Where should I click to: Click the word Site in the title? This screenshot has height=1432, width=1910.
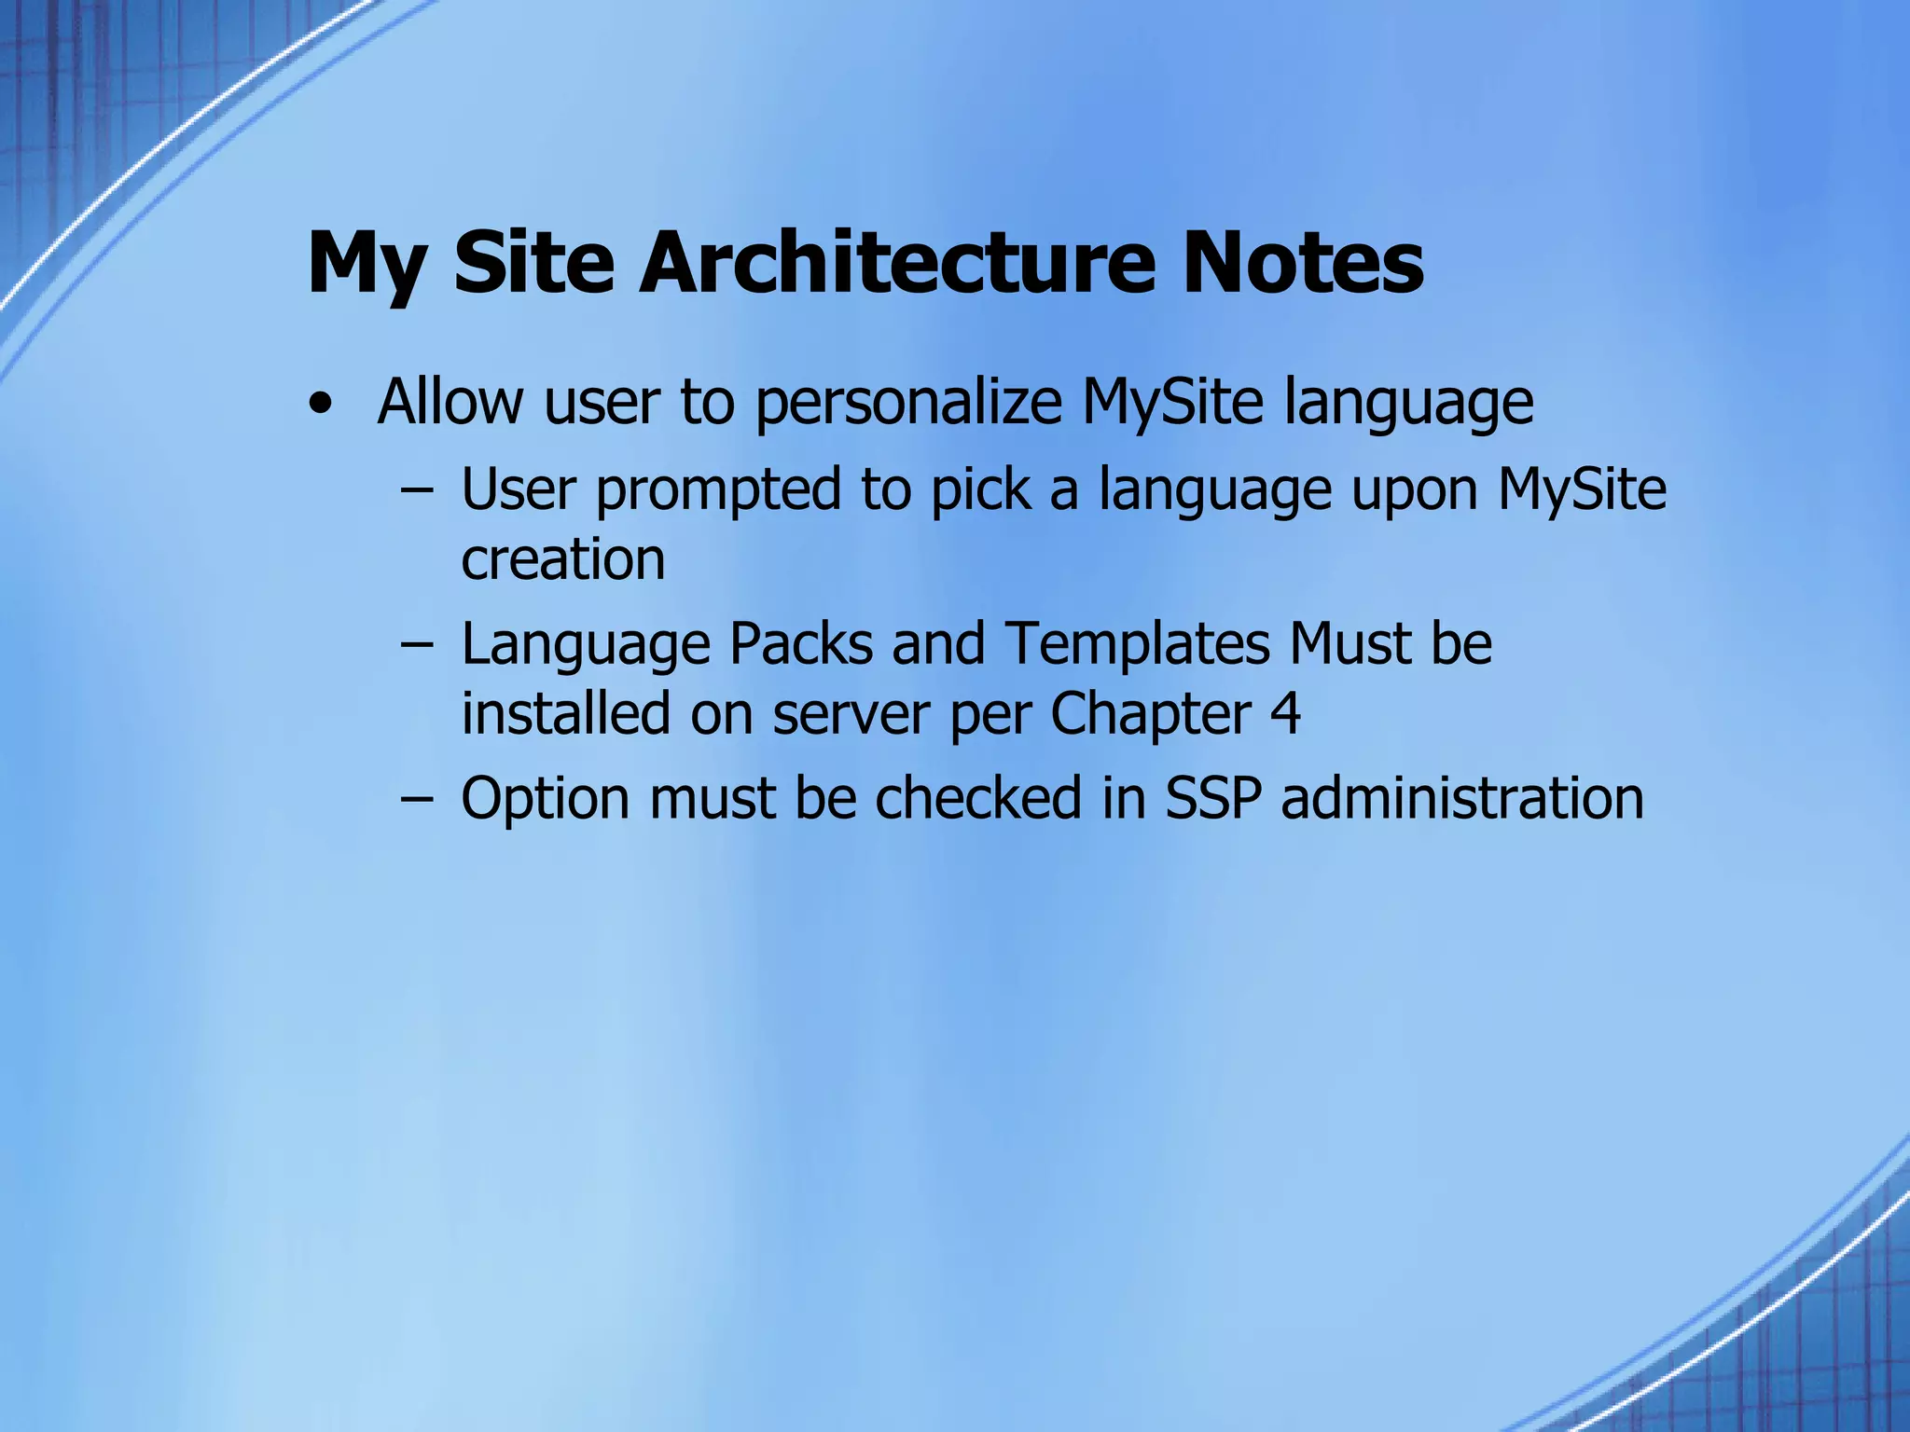pos(533,262)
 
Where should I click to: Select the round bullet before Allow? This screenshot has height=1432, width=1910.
pos(321,405)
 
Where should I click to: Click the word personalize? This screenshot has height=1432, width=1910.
pos(907,404)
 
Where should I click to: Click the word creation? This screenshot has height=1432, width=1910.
pos(563,559)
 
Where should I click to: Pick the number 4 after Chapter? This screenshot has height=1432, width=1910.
pos(1285,714)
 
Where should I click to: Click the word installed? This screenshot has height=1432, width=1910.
pos(566,714)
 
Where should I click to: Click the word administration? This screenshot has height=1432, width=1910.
pos(1461,799)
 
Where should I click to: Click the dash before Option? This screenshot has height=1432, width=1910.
pos(416,800)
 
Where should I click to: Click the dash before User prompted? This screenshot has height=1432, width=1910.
pos(416,490)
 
